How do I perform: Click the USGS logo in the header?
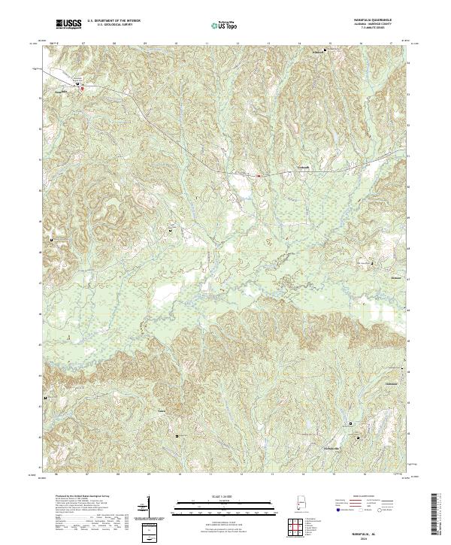(70, 26)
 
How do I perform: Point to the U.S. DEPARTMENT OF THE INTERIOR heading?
(114, 21)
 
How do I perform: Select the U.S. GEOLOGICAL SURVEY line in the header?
(114, 26)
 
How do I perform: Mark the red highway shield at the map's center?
(258, 176)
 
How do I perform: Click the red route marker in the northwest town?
(82, 88)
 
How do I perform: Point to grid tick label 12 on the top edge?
(238, 44)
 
